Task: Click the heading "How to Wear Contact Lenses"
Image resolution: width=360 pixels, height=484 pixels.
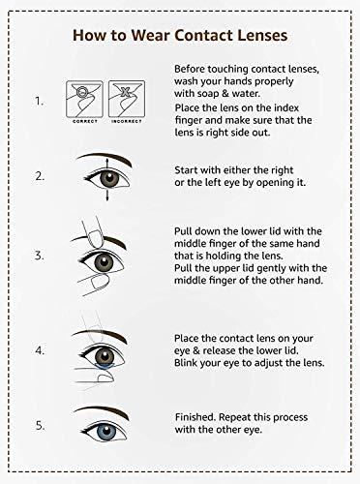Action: coord(179,37)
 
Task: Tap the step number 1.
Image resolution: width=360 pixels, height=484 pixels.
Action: coord(38,100)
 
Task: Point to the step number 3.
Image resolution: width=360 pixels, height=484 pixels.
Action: coord(39,256)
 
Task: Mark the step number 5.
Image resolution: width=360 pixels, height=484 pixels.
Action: coord(39,424)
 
